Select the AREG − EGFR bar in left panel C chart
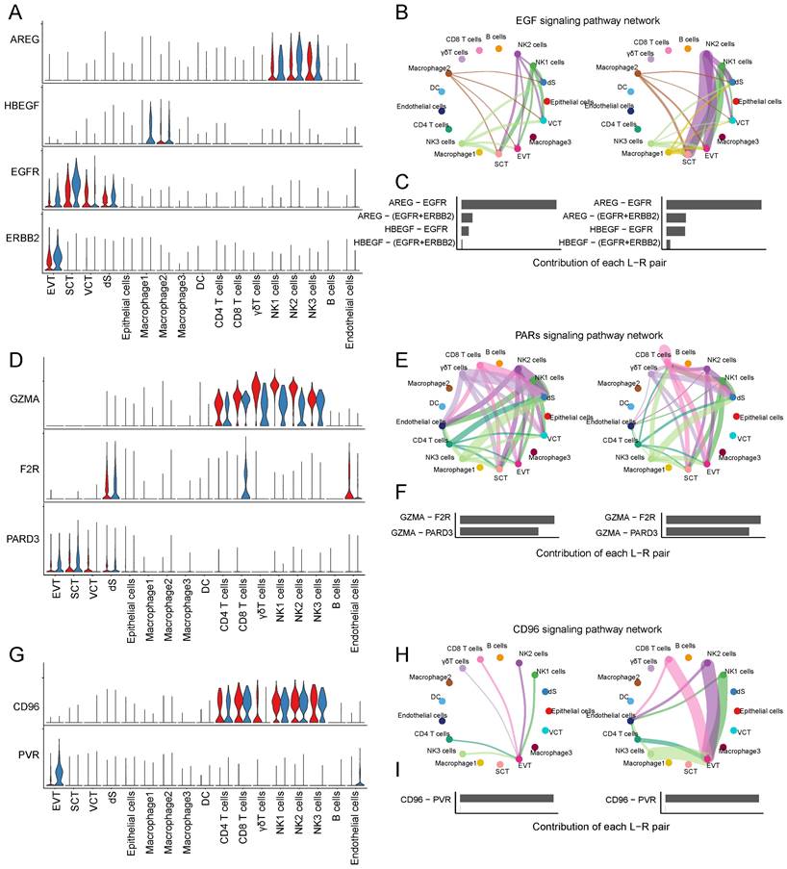pyautogui.click(x=508, y=204)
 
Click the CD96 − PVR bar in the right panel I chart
pyautogui.click(x=711, y=798)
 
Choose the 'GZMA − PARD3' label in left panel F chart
pyautogui.click(x=423, y=530)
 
